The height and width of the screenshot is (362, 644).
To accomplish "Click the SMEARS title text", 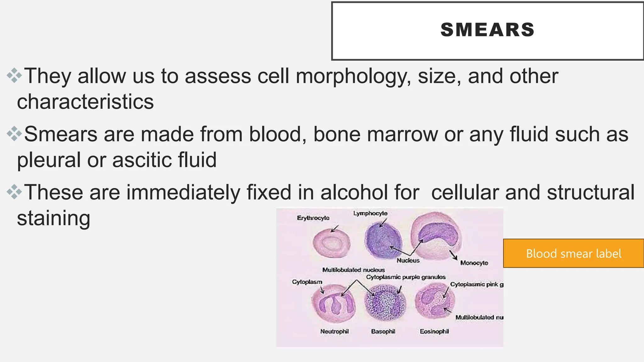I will tap(487, 30).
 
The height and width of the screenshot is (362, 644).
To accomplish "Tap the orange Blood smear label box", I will tap(573, 253).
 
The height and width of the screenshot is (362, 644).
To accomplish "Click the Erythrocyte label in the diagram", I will tap(313, 218).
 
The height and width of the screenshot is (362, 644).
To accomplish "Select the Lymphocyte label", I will tap(370, 213).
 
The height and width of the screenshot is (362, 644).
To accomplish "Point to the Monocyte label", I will tap(474, 263).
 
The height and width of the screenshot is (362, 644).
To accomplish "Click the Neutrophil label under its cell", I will tap(334, 331).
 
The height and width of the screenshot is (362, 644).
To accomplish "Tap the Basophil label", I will tap(383, 331).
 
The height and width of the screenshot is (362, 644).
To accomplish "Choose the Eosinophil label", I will tap(434, 331).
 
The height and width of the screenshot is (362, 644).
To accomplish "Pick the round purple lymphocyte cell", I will tap(383, 240).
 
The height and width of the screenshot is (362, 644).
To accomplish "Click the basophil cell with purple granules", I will tap(385, 303).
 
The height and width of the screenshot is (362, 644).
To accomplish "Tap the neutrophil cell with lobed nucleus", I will tap(333, 304).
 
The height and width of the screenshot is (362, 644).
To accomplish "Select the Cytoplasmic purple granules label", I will tap(406, 277).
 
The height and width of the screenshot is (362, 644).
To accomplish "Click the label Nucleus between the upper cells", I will tap(408, 261).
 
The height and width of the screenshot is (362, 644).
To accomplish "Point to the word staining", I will tap(54, 218).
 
